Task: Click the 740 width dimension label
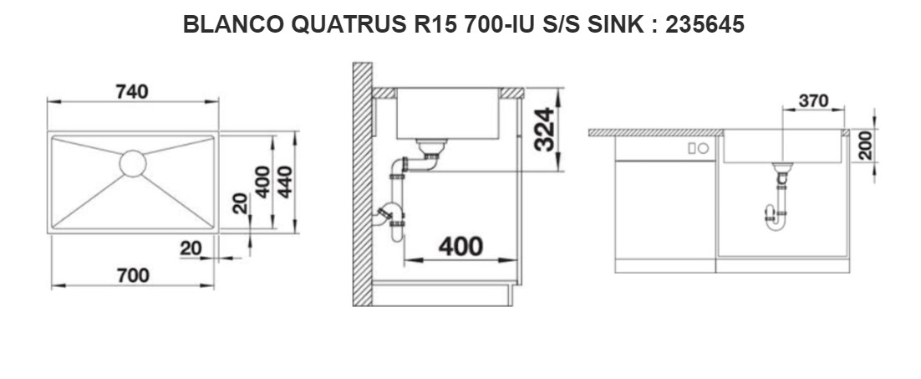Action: (132, 92)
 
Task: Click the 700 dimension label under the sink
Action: (133, 275)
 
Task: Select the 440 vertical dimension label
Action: (285, 182)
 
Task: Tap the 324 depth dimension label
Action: (545, 130)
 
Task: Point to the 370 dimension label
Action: (813, 101)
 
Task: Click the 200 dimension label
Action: (865, 146)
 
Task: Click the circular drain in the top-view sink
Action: (133, 163)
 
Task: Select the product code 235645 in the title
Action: (705, 24)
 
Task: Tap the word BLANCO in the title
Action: (234, 24)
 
